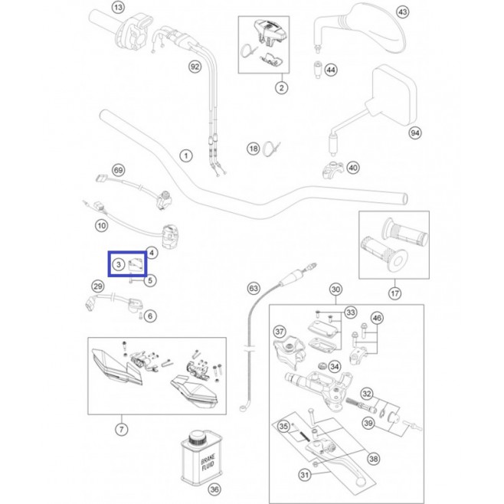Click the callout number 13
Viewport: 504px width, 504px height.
[x=118, y=7]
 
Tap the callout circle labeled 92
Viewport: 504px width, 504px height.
[x=195, y=67]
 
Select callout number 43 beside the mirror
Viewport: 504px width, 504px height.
[x=402, y=12]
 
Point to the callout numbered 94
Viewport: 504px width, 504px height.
[x=415, y=133]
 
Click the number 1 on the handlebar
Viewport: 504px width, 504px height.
[x=186, y=156]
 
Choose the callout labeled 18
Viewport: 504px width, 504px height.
[x=254, y=149]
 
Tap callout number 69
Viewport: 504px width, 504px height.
[x=118, y=170]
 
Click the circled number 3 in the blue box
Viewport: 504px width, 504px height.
[x=118, y=264]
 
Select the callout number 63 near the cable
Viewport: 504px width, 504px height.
[x=254, y=288]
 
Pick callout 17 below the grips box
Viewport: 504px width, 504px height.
[x=394, y=293]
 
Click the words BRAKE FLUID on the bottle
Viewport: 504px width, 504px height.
[x=208, y=462]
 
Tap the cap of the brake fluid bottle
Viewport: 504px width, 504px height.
[x=197, y=437]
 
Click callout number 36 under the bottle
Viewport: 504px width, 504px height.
[x=214, y=489]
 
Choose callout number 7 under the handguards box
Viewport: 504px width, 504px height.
[x=121, y=430]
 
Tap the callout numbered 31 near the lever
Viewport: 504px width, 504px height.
[x=304, y=474]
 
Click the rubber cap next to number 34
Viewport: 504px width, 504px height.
[x=322, y=366]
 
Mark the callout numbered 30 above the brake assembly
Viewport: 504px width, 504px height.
[x=335, y=290]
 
